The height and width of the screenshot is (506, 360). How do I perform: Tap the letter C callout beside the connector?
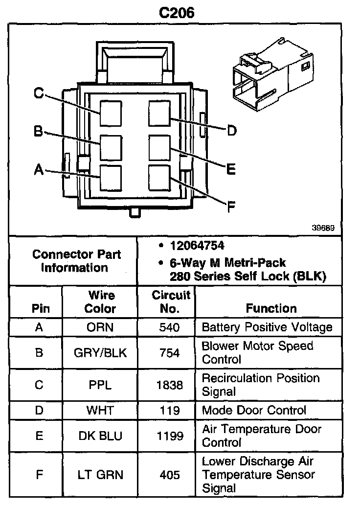click(39, 93)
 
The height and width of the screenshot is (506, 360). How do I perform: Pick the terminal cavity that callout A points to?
click(111, 177)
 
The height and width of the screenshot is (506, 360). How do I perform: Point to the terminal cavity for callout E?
click(159, 146)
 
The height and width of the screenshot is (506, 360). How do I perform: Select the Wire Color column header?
click(101, 302)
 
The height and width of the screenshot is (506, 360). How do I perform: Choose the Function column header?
click(271, 308)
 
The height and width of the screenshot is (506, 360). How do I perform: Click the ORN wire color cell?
click(100, 327)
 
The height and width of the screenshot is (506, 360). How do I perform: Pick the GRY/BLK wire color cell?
click(100, 353)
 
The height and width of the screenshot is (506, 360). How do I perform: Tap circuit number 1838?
click(169, 385)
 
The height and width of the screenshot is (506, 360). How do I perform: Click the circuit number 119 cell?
click(169, 410)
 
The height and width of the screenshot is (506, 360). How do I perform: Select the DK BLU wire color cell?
click(100, 436)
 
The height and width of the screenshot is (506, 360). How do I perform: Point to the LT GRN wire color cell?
click(100, 475)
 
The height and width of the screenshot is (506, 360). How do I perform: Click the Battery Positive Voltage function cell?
click(267, 327)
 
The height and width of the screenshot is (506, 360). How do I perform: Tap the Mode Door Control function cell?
click(261, 410)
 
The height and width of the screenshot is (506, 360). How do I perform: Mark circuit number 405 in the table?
click(169, 475)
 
